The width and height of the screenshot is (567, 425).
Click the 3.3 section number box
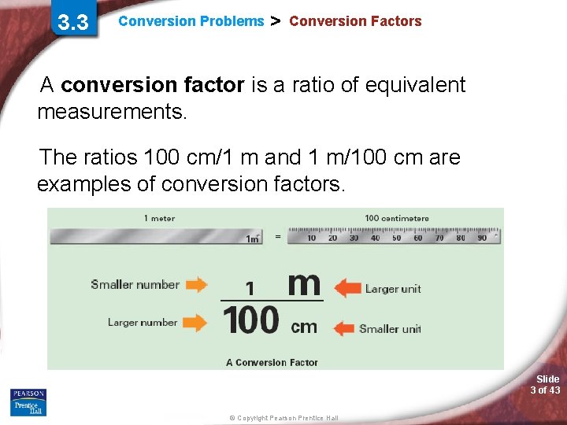click(x=73, y=22)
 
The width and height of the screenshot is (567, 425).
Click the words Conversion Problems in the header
click(x=191, y=21)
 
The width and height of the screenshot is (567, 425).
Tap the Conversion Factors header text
click(x=355, y=21)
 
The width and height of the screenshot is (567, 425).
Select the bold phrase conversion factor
click(x=153, y=85)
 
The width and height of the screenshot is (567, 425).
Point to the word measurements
click(x=112, y=112)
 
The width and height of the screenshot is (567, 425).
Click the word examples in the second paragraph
click(x=96, y=184)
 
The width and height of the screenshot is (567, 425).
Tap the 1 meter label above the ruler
click(x=159, y=218)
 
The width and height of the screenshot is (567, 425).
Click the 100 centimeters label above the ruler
click(x=397, y=218)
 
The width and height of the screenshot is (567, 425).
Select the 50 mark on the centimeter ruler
click(x=396, y=237)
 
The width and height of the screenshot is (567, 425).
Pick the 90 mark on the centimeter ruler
click(x=481, y=237)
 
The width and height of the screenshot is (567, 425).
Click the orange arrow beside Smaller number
click(x=197, y=285)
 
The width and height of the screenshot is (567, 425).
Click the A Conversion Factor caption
click(x=272, y=362)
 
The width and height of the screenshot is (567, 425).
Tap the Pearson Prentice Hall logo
click(x=28, y=402)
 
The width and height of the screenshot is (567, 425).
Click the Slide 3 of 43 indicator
click(x=545, y=385)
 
